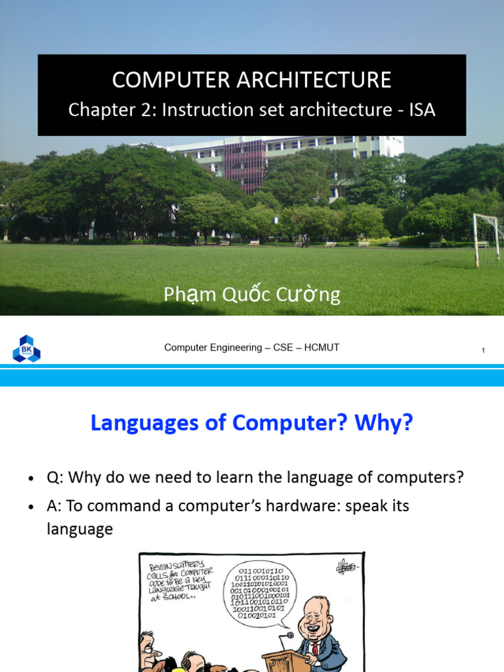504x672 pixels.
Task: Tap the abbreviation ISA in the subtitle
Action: click(x=422, y=109)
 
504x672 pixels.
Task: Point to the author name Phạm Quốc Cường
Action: click(x=252, y=295)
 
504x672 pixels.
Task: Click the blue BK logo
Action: click(x=26, y=348)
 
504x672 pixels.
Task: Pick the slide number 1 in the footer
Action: click(x=483, y=350)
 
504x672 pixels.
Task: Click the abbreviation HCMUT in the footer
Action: click(x=322, y=347)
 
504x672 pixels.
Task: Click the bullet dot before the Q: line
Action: click(x=31, y=478)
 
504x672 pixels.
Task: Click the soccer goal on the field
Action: click(x=487, y=239)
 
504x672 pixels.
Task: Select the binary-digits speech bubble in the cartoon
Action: click(x=259, y=593)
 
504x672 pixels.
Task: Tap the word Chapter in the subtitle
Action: click(x=97, y=109)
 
